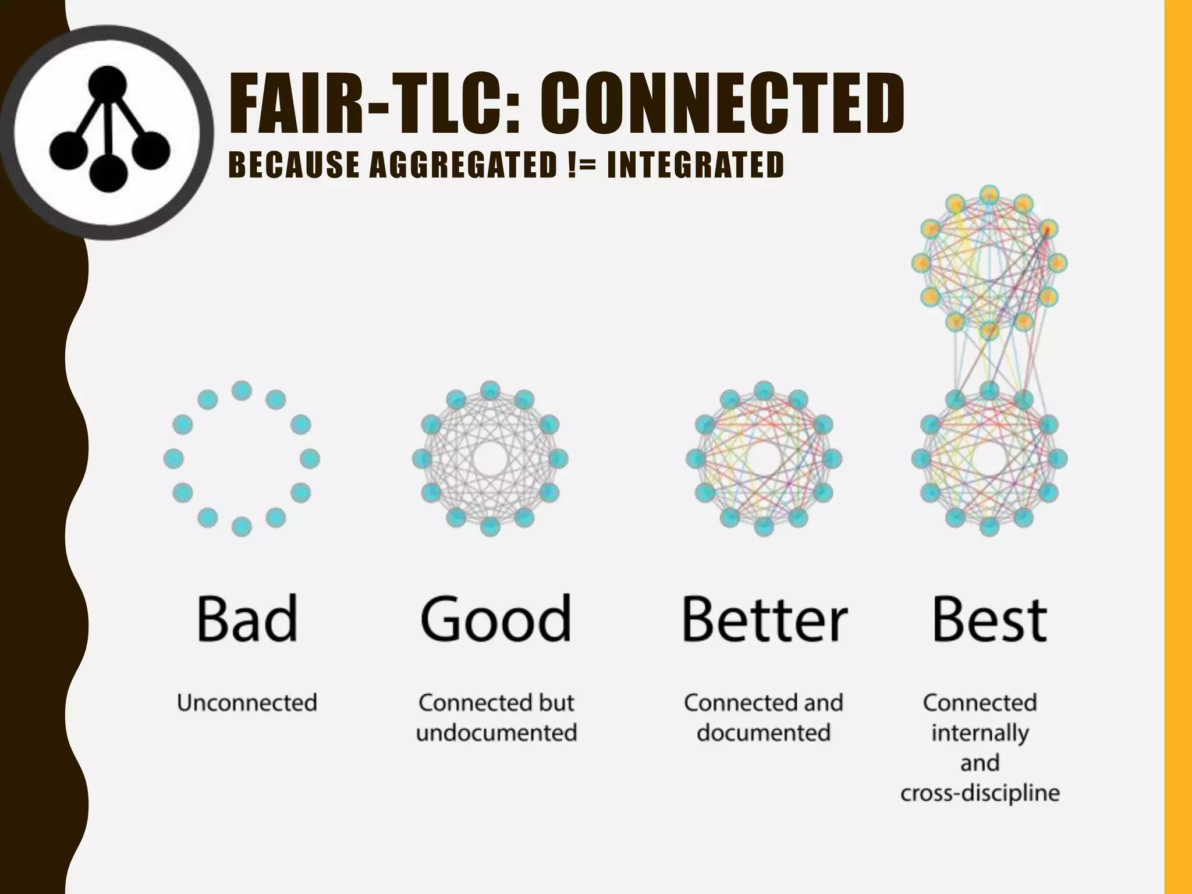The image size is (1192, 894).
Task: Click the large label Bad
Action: tap(247, 618)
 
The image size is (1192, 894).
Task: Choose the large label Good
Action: tap(495, 618)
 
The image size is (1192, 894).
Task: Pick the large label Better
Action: tap(764, 618)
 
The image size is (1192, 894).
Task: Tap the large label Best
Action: tap(989, 618)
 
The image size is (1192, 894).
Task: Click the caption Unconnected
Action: tap(247, 703)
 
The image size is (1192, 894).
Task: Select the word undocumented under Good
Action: tap(496, 733)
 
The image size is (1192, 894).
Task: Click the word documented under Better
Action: tap(764, 733)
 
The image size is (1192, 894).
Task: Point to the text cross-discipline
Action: tap(980, 793)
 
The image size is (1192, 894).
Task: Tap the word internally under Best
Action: tap(980, 733)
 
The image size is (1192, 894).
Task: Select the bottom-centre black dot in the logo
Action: tap(108, 172)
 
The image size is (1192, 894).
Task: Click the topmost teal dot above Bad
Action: tap(242, 391)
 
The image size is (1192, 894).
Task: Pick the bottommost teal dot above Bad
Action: tap(242, 527)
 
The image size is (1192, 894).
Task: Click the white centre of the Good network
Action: tap(490, 459)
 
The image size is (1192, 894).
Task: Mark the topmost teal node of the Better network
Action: tap(764, 391)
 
